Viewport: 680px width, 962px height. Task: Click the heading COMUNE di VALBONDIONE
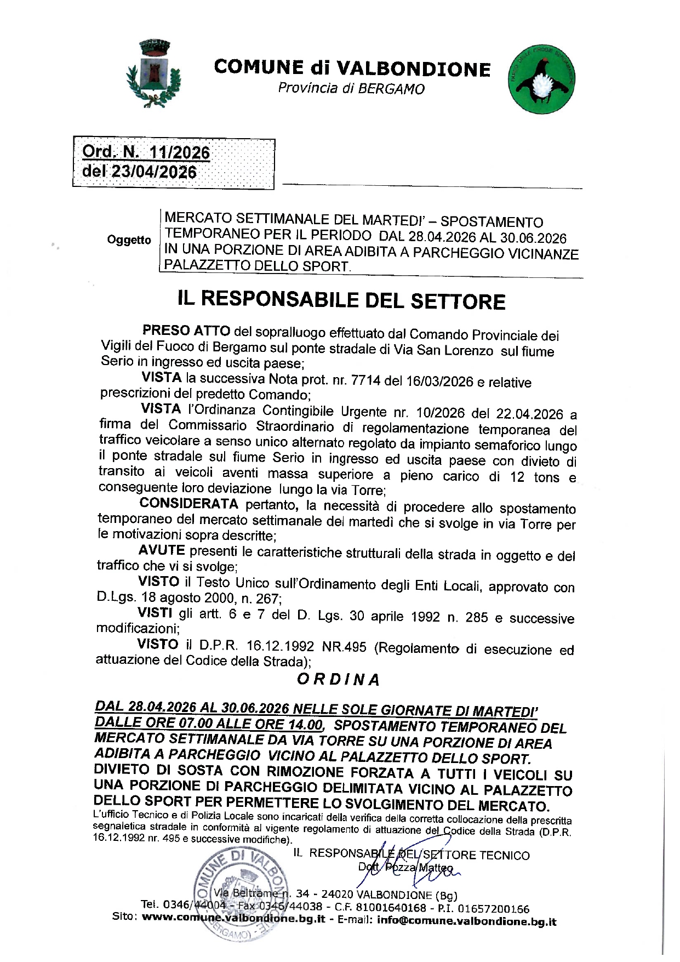[x=352, y=68]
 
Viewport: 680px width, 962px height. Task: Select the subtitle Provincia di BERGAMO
[x=351, y=88]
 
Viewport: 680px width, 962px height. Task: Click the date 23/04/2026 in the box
[x=154, y=172]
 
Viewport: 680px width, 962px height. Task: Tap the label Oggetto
[x=129, y=240]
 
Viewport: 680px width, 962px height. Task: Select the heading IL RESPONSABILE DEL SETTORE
[x=341, y=300]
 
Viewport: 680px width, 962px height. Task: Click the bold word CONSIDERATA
[x=188, y=504]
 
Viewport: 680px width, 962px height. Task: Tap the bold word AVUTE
[x=162, y=550]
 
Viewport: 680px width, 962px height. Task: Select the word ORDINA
[x=339, y=680]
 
